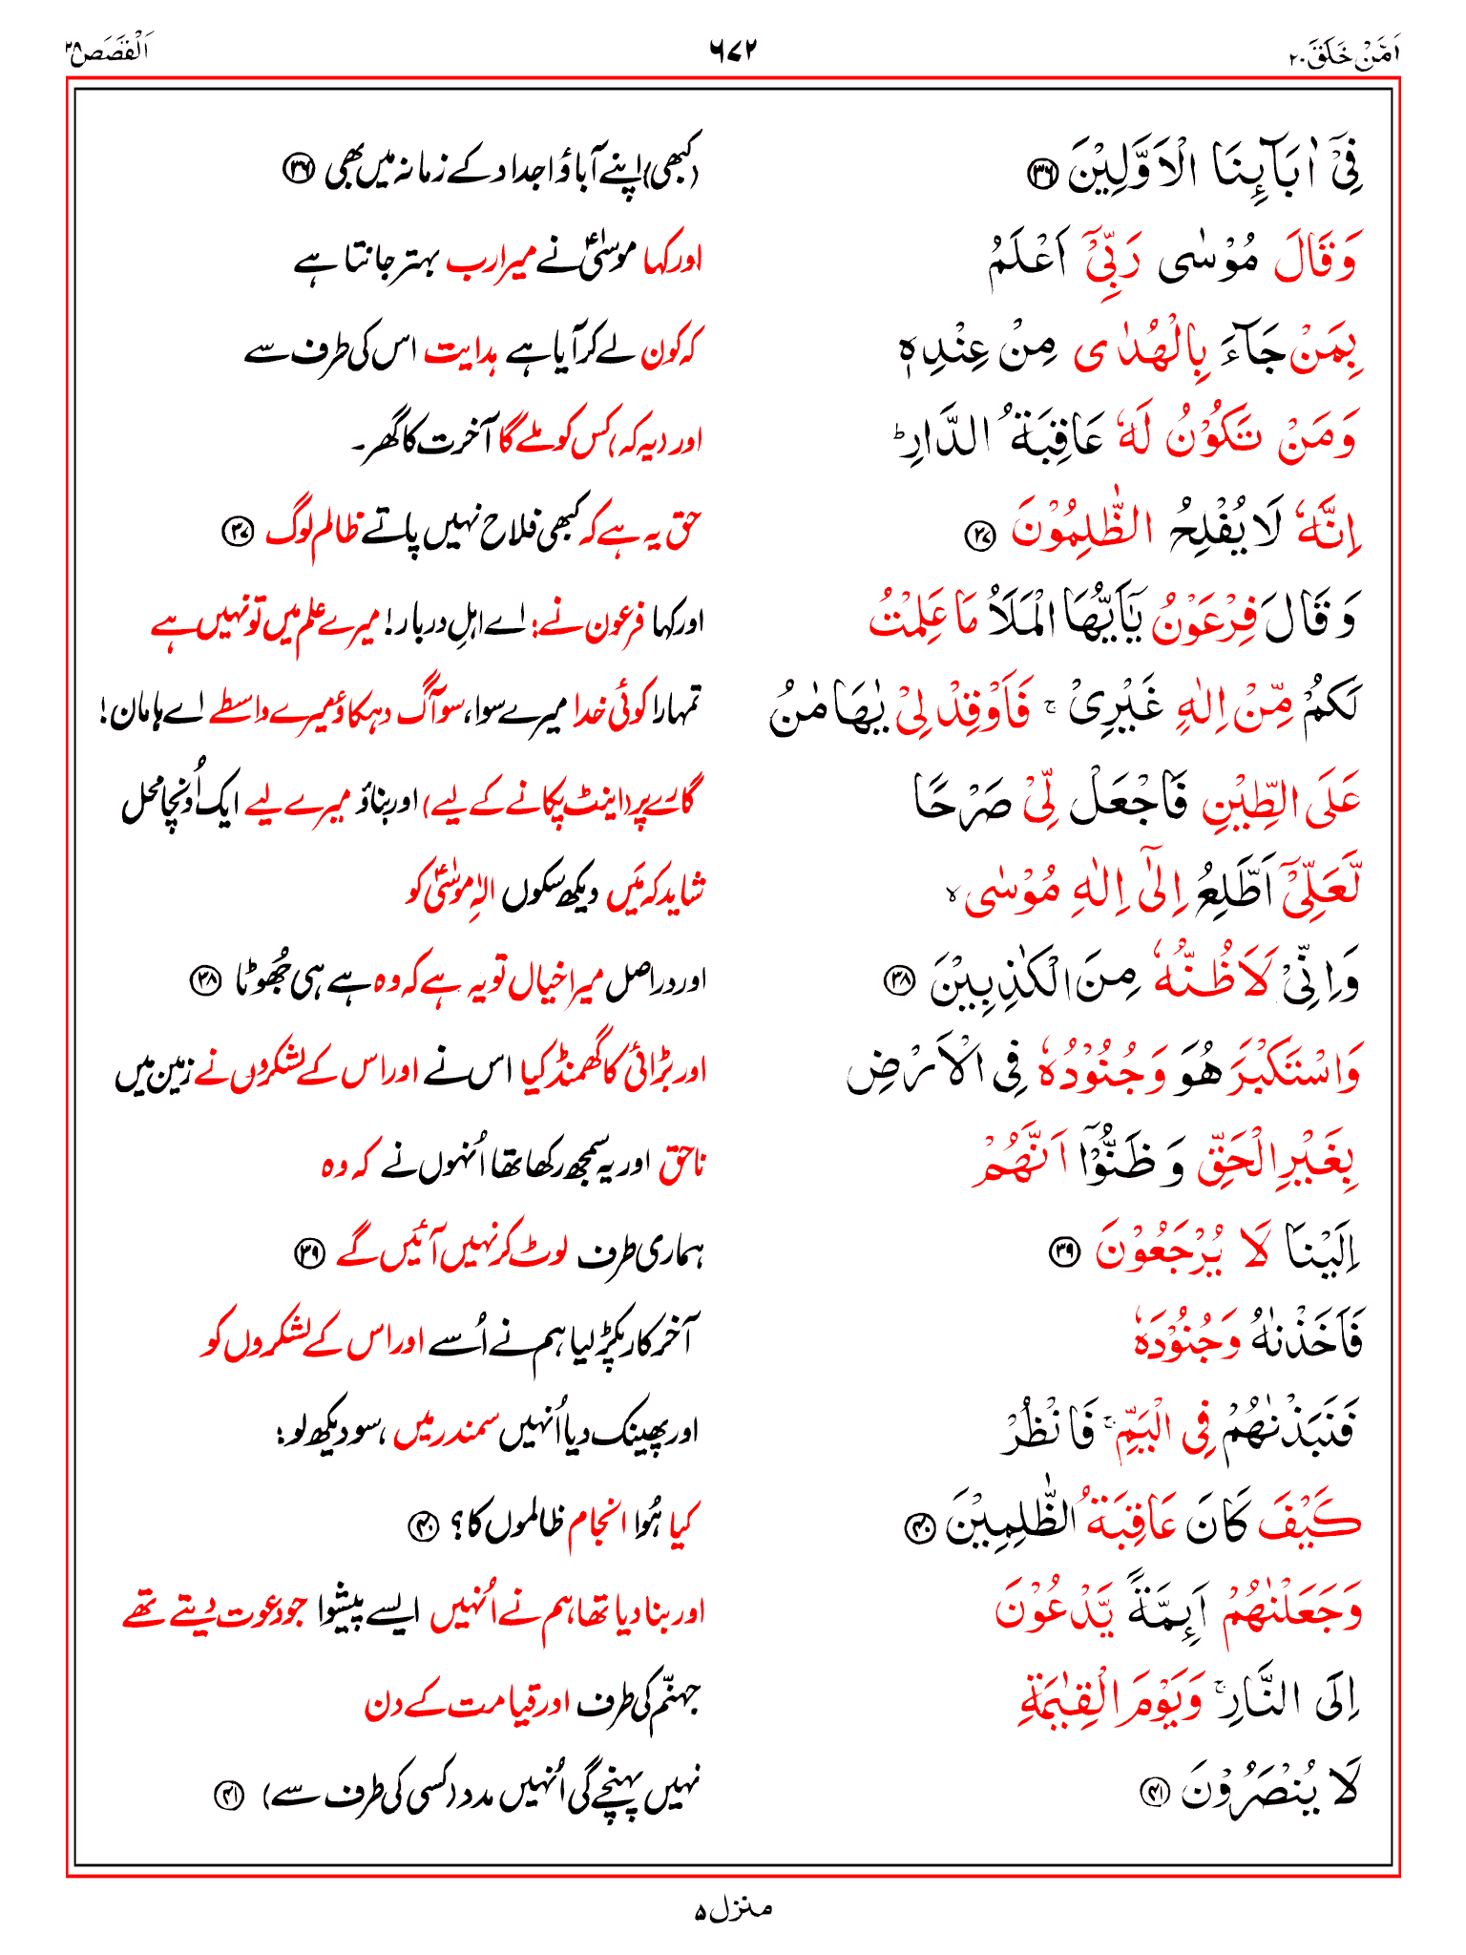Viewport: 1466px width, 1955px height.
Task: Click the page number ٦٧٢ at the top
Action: click(x=732, y=49)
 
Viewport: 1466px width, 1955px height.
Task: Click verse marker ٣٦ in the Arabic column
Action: click(x=1037, y=175)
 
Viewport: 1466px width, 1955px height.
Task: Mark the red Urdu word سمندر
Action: click(x=450, y=1433)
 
